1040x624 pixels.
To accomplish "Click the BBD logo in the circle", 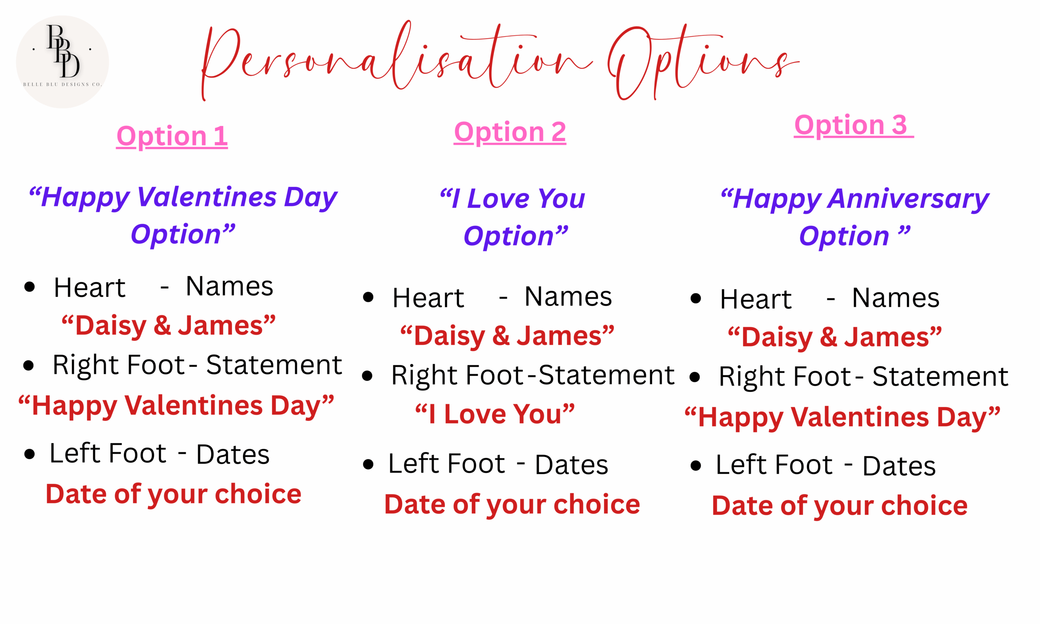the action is [x=63, y=62].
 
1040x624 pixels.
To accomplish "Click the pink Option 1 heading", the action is [x=172, y=136].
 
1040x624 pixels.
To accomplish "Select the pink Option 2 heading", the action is [x=510, y=132].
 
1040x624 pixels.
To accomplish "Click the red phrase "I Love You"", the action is [x=495, y=414].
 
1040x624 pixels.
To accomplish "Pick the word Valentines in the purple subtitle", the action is [x=207, y=197].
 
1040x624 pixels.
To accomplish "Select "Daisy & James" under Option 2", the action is [x=507, y=336].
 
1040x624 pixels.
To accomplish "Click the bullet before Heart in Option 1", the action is [x=29, y=287].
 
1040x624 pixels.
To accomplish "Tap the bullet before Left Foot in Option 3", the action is [x=696, y=466].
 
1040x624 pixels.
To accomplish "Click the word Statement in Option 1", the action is [x=274, y=364].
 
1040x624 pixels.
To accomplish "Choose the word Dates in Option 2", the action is [x=572, y=465].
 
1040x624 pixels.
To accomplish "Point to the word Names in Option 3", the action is [x=896, y=298].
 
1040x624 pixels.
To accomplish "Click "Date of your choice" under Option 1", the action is [x=173, y=494].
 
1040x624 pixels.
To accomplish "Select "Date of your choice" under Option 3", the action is [x=840, y=505].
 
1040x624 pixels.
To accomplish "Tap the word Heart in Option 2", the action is [x=428, y=298].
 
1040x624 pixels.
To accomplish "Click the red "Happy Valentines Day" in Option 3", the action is [x=843, y=418].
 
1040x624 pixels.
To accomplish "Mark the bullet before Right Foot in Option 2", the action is [x=367, y=375].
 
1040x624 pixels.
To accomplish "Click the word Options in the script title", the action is [x=703, y=61].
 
